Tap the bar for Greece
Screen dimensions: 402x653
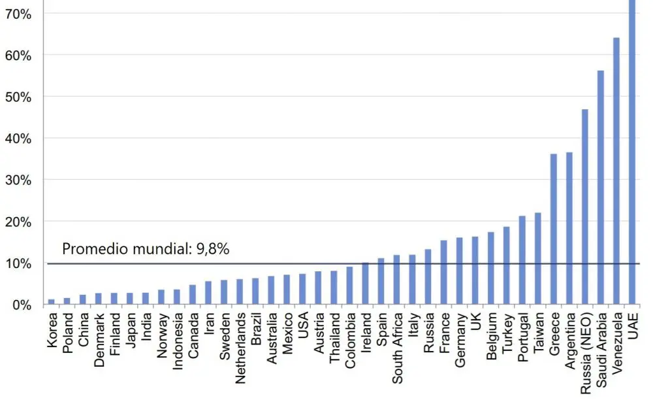coord(554,229)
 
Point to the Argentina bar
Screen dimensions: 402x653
coord(569,229)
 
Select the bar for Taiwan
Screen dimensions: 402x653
coord(538,259)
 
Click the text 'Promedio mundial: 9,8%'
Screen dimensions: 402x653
coord(146,249)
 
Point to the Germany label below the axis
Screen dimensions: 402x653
coord(460,340)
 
